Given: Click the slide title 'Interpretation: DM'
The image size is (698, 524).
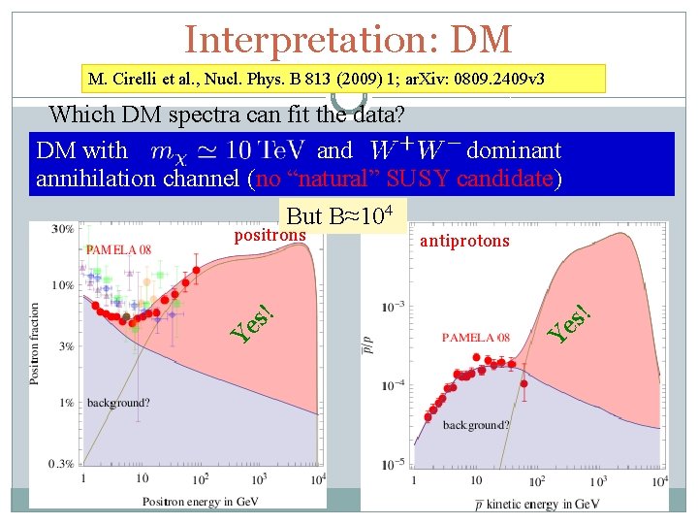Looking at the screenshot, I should tap(348, 39).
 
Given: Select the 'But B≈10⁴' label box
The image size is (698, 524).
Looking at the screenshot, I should tap(340, 214).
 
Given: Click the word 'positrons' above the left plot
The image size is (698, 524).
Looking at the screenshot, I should tap(270, 235).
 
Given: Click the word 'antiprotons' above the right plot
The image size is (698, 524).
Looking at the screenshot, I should tap(463, 240).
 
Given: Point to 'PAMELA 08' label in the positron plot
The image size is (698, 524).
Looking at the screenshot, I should tap(118, 249).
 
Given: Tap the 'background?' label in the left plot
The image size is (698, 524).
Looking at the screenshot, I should tap(118, 401).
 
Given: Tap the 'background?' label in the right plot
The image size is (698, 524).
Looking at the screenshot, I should tap(475, 425).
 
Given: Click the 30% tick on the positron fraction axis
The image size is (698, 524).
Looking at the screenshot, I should tap(62, 229).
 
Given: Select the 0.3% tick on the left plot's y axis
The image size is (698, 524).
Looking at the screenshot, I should tap(60, 464).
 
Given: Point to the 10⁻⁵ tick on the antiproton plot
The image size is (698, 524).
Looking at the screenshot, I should tap(393, 466).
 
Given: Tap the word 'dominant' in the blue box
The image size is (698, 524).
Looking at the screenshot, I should tap(514, 150).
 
